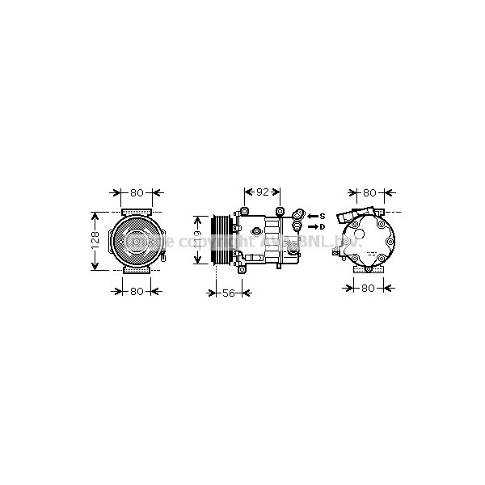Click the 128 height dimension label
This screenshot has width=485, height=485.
pyautogui.click(x=95, y=239)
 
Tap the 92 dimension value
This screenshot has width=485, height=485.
pyautogui.click(x=262, y=193)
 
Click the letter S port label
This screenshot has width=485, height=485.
pyautogui.click(x=322, y=216)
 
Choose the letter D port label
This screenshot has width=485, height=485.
pyautogui.click(x=322, y=227)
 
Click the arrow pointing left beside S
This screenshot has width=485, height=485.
pyautogui.click(x=312, y=216)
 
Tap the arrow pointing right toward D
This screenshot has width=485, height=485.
pyautogui.click(x=312, y=227)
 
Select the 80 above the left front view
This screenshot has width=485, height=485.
pyautogui.click(x=137, y=193)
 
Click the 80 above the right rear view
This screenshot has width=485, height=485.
pyautogui.click(x=369, y=193)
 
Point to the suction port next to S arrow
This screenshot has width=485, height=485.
pyautogui.click(x=297, y=216)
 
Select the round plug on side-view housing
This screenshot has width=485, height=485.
pyautogui.click(x=256, y=232)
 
